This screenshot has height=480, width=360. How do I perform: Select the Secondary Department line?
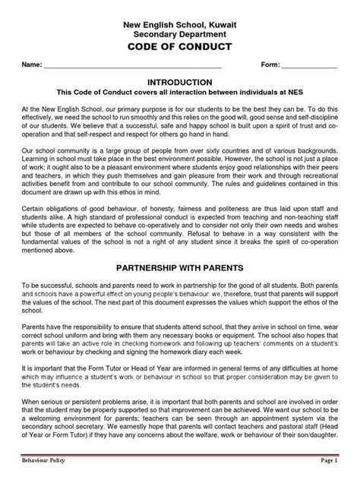pos(181,35)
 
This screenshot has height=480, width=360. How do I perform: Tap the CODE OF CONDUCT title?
pos(181,47)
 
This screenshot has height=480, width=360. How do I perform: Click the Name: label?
pos(32,66)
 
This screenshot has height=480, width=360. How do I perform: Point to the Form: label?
pos(272,66)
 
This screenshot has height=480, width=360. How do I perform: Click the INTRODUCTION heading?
pos(181,81)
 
